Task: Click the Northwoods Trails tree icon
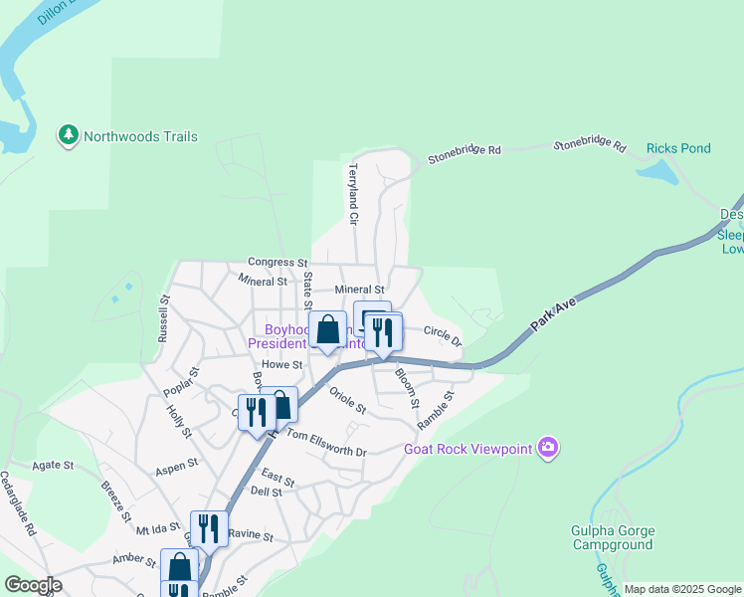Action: [x=69, y=135]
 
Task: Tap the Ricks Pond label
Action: [x=678, y=148]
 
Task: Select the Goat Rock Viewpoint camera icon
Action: [x=547, y=448]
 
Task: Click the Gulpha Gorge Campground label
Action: [x=612, y=537]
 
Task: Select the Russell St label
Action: [x=163, y=317]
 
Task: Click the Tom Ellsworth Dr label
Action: [x=326, y=443]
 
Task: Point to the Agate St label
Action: [x=54, y=465]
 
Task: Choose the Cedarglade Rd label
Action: [x=19, y=503]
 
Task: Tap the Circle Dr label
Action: [x=443, y=335]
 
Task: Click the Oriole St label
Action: [x=348, y=400]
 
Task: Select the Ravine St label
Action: [x=251, y=534]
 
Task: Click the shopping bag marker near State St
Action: [x=328, y=329]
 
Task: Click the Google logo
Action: [x=33, y=585]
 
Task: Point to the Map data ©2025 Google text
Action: [x=682, y=589]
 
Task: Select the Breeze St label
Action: [x=115, y=500]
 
